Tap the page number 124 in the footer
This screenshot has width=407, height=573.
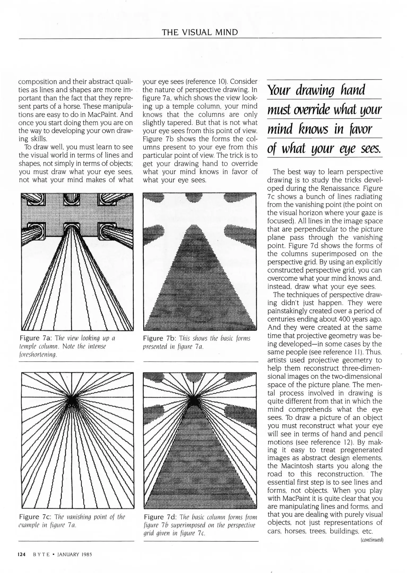tap(21, 554)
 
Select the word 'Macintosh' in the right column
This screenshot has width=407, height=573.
tap(297, 466)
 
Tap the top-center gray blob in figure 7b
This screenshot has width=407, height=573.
tap(194, 198)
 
